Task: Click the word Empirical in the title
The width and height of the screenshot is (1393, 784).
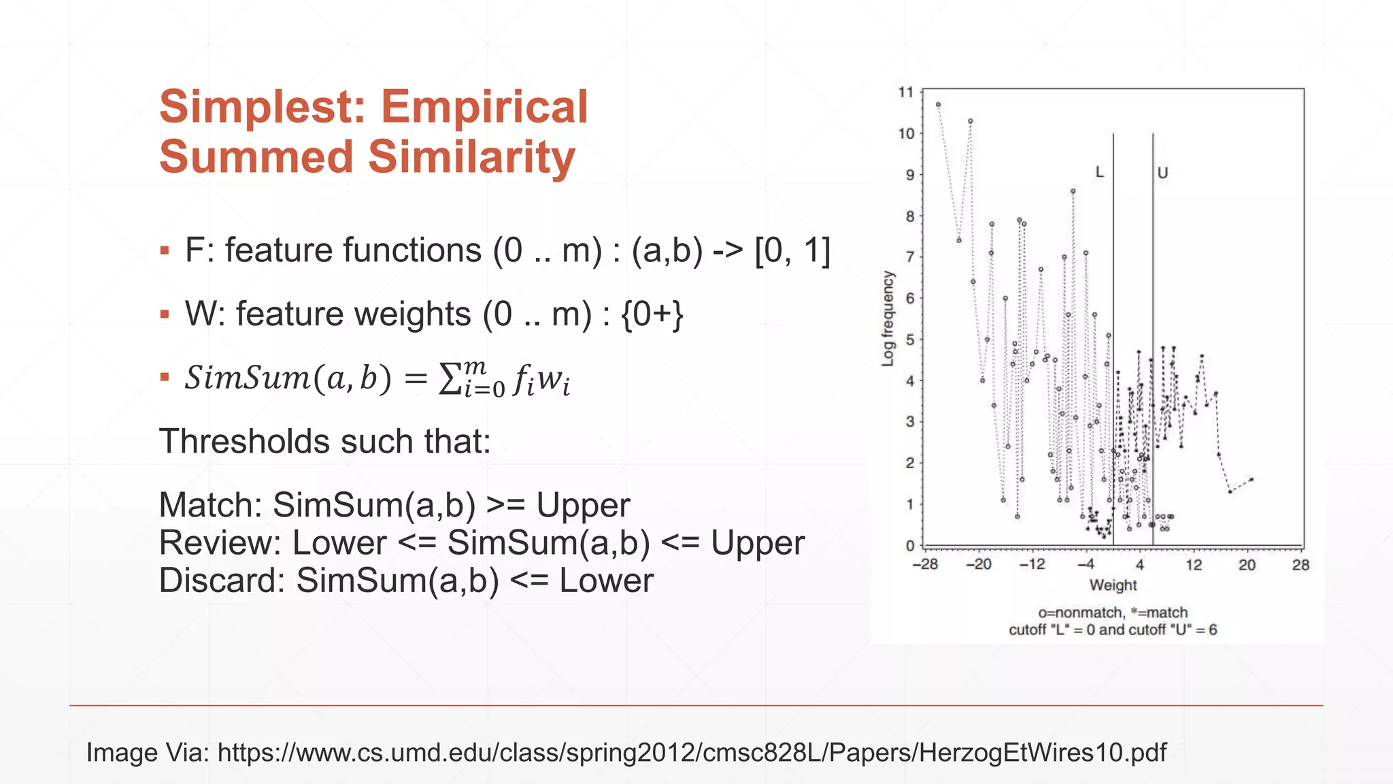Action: pyautogui.click(x=484, y=107)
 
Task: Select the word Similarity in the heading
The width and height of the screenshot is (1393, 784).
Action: pyautogui.click(x=471, y=157)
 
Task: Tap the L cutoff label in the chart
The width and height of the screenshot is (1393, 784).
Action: pyautogui.click(x=1099, y=172)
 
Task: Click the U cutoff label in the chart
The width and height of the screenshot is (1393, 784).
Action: pyautogui.click(x=1162, y=173)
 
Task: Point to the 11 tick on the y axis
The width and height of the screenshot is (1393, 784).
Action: pyautogui.click(x=905, y=92)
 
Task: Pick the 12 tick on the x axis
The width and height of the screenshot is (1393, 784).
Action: pyautogui.click(x=1194, y=564)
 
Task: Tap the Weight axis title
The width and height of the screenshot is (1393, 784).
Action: pyautogui.click(x=1113, y=585)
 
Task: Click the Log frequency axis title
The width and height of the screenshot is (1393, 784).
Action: pyautogui.click(x=888, y=318)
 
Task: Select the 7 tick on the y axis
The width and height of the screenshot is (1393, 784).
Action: pyautogui.click(x=909, y=257)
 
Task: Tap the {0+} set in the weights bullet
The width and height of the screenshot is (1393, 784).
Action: pyautogui.click(x=652, y=314)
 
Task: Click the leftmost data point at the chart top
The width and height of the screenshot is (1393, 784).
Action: pyautogui.click(x=938, y=105)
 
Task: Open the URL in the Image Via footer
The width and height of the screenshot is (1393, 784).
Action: pyautogui.click(x=692, y=752)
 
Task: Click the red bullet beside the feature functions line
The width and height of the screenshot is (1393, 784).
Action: pyautogui.click(x=165, y=251)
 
